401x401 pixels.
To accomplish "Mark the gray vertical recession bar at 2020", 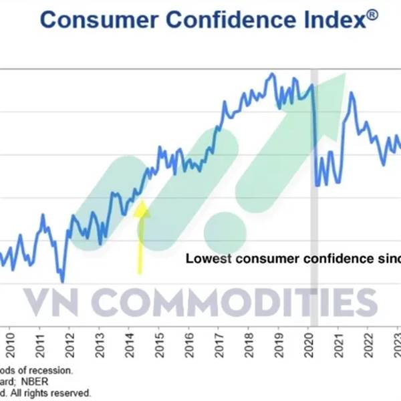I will (x=315, y=200).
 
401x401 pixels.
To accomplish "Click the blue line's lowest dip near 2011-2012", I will (x=62, y=281).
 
